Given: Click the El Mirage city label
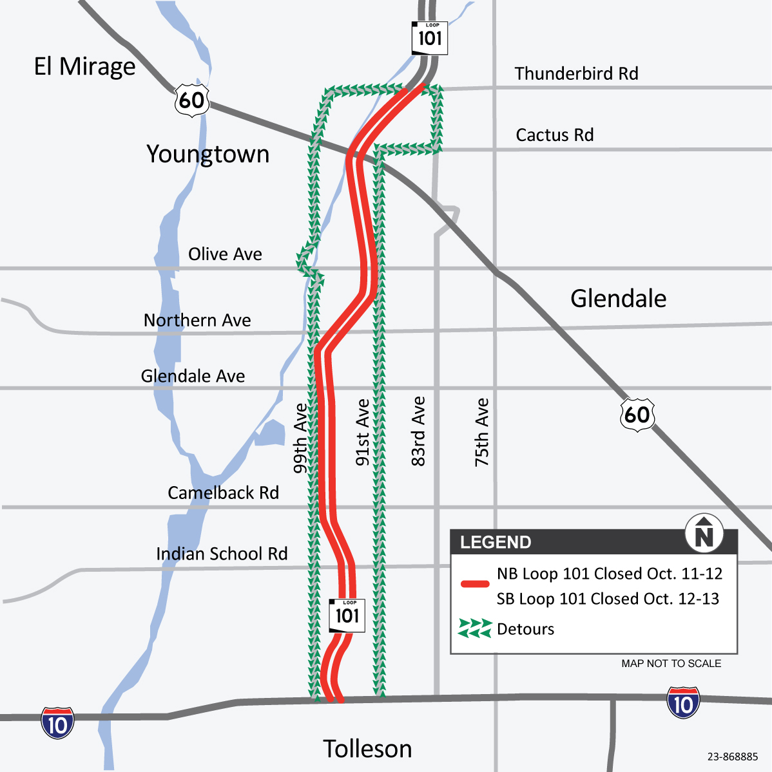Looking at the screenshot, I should pos(84,66).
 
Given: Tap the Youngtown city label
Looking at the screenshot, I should pos(207,155).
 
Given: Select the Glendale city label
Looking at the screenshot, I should pos(618,299).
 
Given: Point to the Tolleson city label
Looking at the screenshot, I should pos(367,749).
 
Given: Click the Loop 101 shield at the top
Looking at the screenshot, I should pos(430,38).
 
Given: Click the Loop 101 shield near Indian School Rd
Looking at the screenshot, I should pos(347,615).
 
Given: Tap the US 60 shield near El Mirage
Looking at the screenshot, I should pos(192,100).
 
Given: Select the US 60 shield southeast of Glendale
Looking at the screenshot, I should pos(637,414).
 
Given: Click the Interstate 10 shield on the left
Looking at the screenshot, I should pos(57,723).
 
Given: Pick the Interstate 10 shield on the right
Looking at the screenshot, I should pos(683,703).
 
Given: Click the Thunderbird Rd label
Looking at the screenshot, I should pos(576,73).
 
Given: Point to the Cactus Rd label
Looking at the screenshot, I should pos(554,135).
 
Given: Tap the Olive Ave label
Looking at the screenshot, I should pos(225,254).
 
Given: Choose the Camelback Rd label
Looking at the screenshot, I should pos(223,493).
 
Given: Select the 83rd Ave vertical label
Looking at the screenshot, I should pos(419,431).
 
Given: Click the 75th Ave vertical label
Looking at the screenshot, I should pos(482,432).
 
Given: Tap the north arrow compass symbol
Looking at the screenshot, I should pos(704,534).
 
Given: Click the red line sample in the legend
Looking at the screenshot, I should pos(475,585).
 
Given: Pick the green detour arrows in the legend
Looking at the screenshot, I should pos(475,628).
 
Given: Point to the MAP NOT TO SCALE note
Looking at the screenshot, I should pos(671,663).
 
